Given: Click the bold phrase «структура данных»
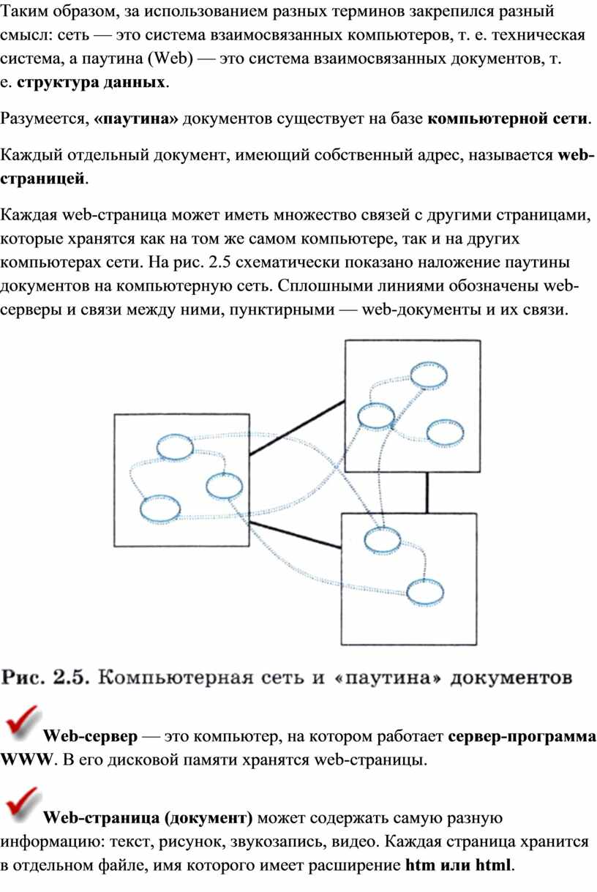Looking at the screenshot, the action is tap(91, 82).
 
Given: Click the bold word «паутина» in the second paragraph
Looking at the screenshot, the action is tap(136, 119).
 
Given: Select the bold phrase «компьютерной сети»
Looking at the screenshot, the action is tap(508, 119).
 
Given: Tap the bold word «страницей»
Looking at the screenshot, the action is tap(42, 179).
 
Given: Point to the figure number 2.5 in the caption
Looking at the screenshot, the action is tap(71, 677).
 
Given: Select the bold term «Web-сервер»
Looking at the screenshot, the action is tap(91, 736).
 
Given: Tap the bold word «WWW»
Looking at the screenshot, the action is tap(26, 760).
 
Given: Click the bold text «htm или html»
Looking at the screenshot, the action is tap(458, 864).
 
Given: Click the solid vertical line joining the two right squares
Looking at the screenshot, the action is tap(427, 492).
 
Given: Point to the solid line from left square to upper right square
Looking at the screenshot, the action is tap(297, 427).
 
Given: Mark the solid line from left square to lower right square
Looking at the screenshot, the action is tap(295, 535).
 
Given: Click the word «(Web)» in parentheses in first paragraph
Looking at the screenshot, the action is tap(170, 59).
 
